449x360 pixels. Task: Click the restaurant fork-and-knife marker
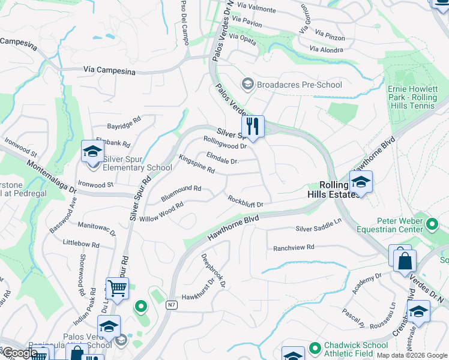[x=253, y=127]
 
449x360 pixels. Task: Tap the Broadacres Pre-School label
[x=299, y=85]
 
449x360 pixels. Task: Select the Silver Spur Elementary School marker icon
[x=92, y=151]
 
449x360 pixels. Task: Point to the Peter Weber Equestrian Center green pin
[x=432, y=225]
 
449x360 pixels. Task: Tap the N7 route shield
[x=171, y=305]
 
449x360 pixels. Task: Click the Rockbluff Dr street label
[x=245, y=200]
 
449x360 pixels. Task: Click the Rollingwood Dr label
[x=225, y=142]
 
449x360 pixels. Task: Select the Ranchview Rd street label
[x=294, y=247]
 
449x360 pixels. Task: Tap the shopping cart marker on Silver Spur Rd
[x=117, y=289]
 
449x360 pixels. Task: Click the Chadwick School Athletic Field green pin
[x=315, y=347]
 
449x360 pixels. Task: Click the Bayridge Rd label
[x=123, y=123]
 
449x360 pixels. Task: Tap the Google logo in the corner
[x=19, y=353]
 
